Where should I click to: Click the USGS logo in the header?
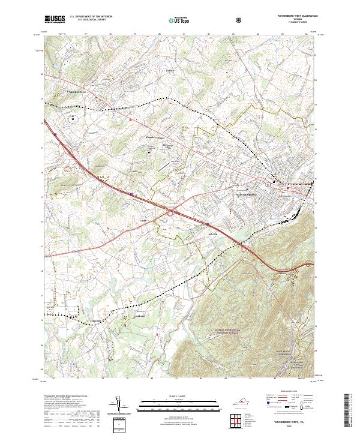tap(55, 19)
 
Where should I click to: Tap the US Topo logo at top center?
tap(175, 19)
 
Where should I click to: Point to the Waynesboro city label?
tap(246, 195)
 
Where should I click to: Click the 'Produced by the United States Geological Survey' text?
tap(66, 397)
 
